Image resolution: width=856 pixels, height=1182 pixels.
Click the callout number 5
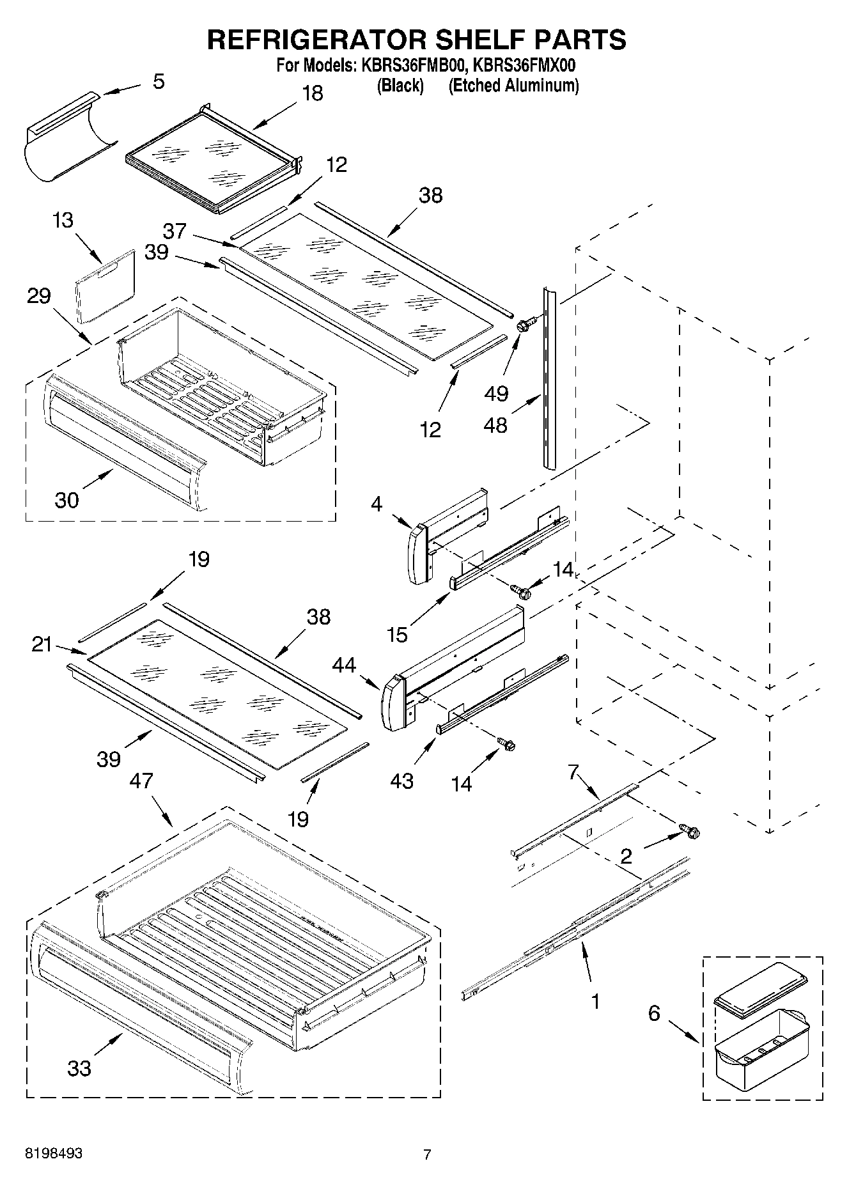coord(159,81)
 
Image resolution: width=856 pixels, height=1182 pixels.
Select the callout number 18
coord(312,93)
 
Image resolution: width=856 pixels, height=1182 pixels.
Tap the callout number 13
coord(63,220)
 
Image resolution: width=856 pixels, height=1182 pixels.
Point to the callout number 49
coord(496,393)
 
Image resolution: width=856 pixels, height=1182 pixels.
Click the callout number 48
coord(495,424)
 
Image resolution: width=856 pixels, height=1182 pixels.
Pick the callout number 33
coord(79,1068)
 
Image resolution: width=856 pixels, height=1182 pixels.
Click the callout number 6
coord(653,1013)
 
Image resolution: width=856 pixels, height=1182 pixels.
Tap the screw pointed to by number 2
coord(691,832)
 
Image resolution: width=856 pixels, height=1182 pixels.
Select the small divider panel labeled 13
coord(105,286)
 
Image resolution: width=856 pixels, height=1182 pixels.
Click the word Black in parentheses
coord(400,86)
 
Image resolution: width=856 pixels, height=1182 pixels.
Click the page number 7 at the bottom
coord(427,1154)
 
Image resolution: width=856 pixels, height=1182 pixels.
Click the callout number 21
coord(42,644)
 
